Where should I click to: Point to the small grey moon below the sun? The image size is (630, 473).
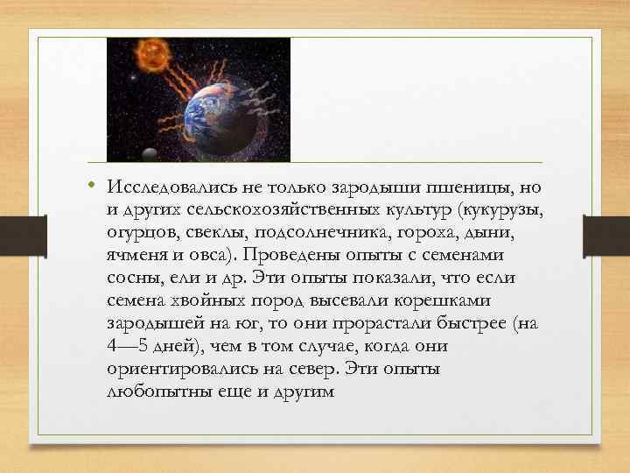(149, 153)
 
